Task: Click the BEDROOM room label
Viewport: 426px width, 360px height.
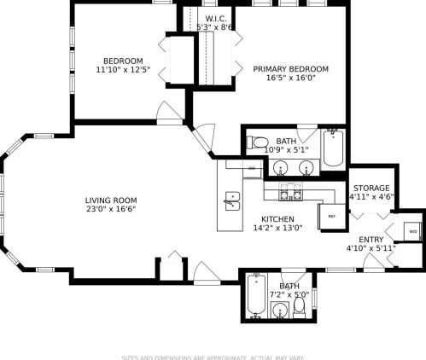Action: tap(123, 61)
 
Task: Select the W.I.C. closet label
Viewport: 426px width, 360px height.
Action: tap(215, 19)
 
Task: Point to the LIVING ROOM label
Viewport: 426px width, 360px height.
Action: tap(111, 200)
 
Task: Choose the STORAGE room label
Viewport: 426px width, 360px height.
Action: tap(371, 188)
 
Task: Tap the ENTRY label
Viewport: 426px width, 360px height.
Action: tap(371, 240)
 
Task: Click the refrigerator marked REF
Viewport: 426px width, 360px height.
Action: tap(331, 217)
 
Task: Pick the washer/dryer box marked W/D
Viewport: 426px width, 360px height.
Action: tap(412, 231)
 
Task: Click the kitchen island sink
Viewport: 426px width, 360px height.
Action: tap(232, 201)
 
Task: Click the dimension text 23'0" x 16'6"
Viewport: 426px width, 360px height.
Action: tap(111, 209)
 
